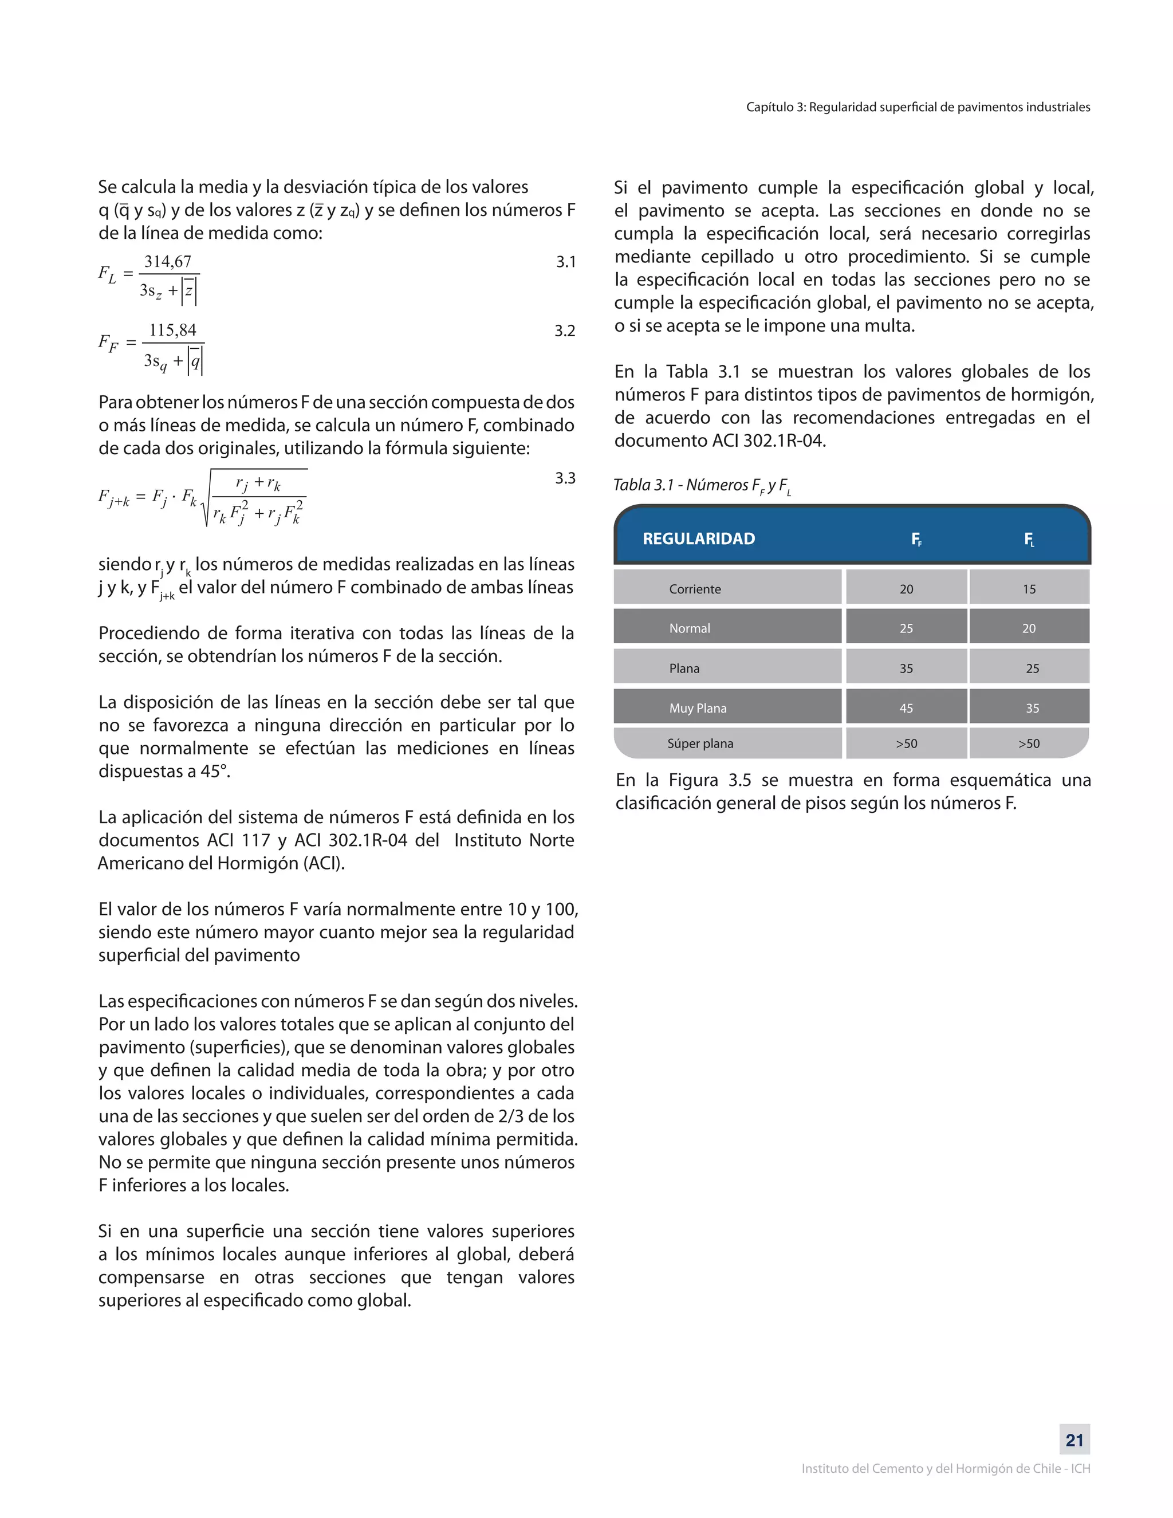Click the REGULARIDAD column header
click(x=698, y=538)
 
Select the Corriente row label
click(x=695, y=589)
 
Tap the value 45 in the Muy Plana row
click(x=906, y=708)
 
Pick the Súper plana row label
click(x=700, y=743)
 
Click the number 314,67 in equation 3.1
click(x=167, y=262)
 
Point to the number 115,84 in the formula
click(x=172, y=330)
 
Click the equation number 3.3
click(x=565, y=478)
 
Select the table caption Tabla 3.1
click(x=702, y=485)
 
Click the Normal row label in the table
click(x=690, y=628)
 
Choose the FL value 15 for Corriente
click(x=1029, y=589)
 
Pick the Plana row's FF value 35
click(x=906, y=668)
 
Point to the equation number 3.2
click(x=565, y=331)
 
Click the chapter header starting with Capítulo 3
click(x=918, y=107)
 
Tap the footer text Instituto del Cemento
click(x=945, y=1469)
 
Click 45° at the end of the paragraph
click(x=215, y=772)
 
